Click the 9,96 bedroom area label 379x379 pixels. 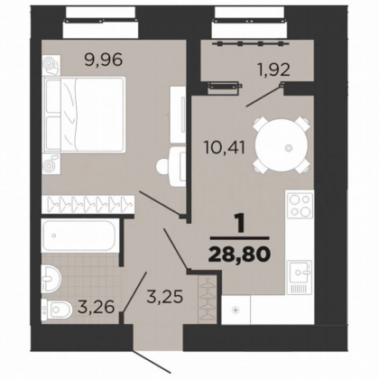tap(104, 60)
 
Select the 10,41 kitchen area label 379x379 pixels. tap(225, 148)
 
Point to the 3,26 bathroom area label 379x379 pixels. tap(96, 307)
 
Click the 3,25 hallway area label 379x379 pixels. tap(164, 297)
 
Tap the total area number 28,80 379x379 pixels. tap(239, 254)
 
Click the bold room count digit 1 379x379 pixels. tap(239, 224)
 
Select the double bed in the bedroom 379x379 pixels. tap(84, 114)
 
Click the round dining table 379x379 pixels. tap(282, 147)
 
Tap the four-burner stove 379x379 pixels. tap(300, 206)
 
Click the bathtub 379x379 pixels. tap(79, 236)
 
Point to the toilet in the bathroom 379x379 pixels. tap(57, 310)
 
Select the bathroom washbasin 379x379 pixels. tap(51, 278)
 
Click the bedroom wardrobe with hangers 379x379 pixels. tap(88, 204)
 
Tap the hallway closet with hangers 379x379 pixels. tap(208, 300)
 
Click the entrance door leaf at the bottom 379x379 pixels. tap(153, 360)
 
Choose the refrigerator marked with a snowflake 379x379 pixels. tap(236, 310)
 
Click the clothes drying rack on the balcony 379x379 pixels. tap(251, 44)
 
